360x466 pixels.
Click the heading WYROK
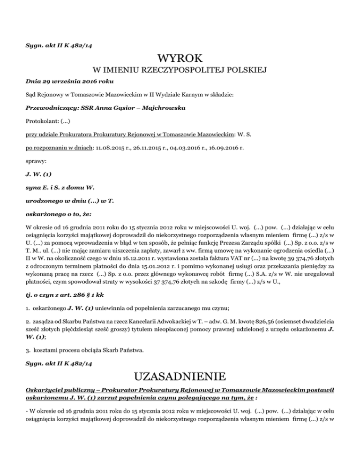[x=180, y=59]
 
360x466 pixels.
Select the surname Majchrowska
[x=158, y=107]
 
